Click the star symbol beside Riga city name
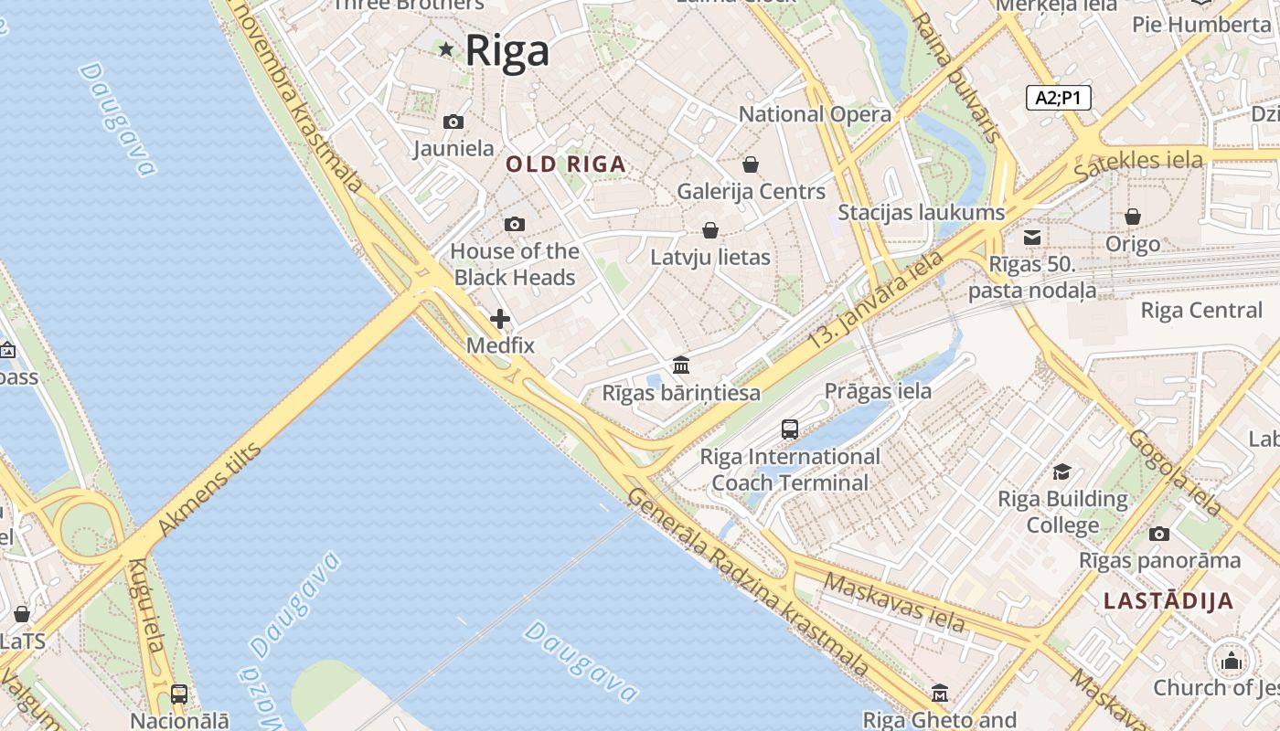[x=446, y=49]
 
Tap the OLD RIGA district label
[x=566, y=164]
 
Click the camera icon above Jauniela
[x=453, y=122]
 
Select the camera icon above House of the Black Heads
[x=515, y=224]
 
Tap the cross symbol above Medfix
[x=500, y=319]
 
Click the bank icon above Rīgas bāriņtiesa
[x=681, y=365]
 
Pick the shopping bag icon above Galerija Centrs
[x=751, y=164]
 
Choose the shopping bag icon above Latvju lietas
[x=710, y=230]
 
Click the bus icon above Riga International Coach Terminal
[x=790, y=429]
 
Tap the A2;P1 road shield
[x=1059, y=98]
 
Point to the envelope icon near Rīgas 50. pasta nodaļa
[x=1032, y=238]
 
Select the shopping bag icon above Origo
[x=1133, y=217]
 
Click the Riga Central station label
[x=1200, y=310]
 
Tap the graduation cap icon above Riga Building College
[x=1061, y=471]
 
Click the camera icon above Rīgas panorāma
[x=1159, y=534]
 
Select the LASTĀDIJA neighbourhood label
[x=1168, y=600]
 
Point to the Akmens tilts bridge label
[x=209, y=490]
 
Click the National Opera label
[x=815, y=114]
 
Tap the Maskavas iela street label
[x=893, y=601]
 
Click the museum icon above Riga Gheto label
[x=940, y=694]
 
